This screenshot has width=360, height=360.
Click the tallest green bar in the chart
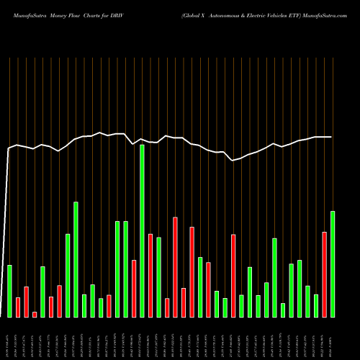[x=142, y=230]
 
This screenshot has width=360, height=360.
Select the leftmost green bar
[x=10, y=291]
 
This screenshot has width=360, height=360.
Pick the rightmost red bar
[x=324, y=274]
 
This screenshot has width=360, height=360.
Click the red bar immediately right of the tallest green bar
[x=150, y=275]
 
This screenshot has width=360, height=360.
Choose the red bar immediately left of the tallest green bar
[x=134, y=288]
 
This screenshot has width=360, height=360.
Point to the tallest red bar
[x=175, y=266]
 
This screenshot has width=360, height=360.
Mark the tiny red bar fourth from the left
[x=35, y=314]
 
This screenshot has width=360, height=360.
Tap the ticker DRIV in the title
[x=121, y=7]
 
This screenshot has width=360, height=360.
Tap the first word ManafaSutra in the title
[x=24, y=7]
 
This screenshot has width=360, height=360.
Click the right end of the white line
[x=331, y=137]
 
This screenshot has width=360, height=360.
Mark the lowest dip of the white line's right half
[x=233, y=160]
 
